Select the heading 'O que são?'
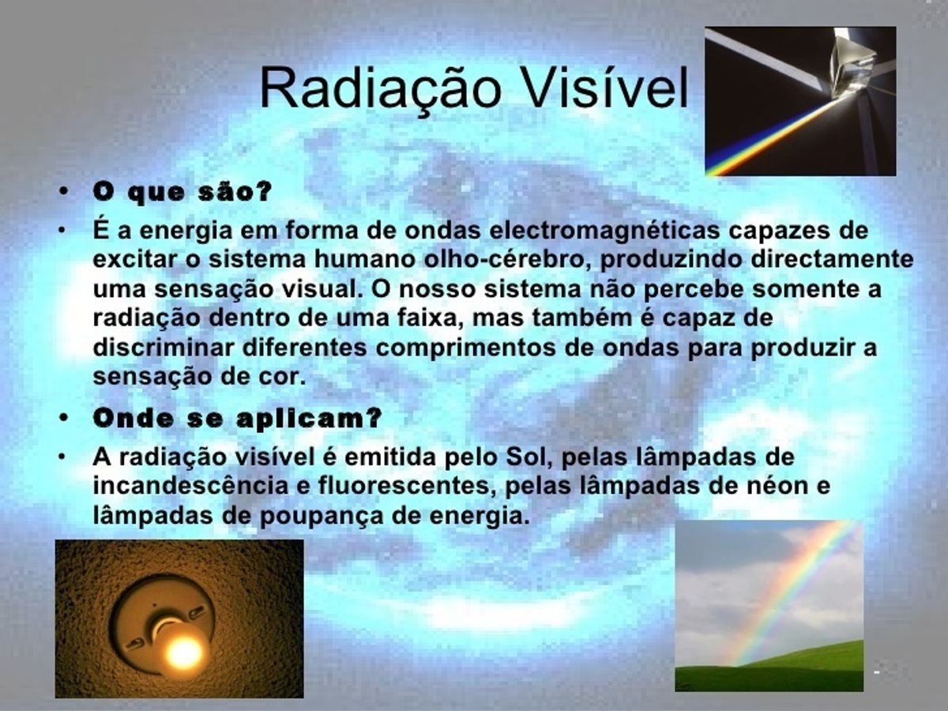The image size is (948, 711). [x=182, y=193]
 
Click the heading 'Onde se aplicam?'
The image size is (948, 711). [x=238, y=419]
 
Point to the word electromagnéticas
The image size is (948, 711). [x=604, y=231]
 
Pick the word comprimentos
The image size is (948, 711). [x=465, y=348]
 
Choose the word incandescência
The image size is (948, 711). [x=191, y=486]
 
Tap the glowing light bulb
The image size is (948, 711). [x=182, y=649]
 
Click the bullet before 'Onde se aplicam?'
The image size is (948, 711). [x=64, y=417]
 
